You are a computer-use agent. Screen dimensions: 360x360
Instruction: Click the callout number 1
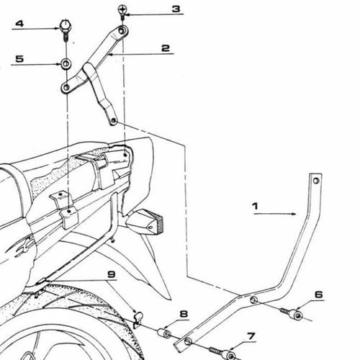pyautogui.click(x=255, y=206)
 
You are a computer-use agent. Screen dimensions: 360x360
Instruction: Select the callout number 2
pyautogui.click(x=166, y=48)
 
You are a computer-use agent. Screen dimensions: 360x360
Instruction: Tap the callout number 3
pyautogui.click(x=176, y=9)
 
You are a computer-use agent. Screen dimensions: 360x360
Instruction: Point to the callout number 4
pyautogui.click(x=19, y=24)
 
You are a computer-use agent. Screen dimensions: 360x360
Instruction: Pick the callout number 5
pyautogui.click(x=19, y=59)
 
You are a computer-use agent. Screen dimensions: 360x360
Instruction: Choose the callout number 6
pyautogui.click(x=319, y=294)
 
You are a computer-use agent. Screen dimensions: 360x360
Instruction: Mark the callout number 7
pyautogui.click(x=251, y=336)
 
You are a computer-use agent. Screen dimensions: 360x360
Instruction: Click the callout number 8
pyautogui.click(x=184, y=314)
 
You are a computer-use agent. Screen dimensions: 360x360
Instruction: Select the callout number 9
pyautogui.click(x=112, y=274)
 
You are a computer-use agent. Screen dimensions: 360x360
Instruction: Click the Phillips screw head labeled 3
pyautogui.click(x=122, y=10)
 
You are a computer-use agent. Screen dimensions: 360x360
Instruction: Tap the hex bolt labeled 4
pyautogui.click(x=64, y=30)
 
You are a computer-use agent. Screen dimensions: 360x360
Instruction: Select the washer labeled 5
pyautogui.click(x=66, y=64)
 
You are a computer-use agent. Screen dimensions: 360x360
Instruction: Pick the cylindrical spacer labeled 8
pyautogui.click(x=165, y=333)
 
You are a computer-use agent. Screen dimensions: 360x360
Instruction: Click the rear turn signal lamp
pyautogui.click(x=145, y=222)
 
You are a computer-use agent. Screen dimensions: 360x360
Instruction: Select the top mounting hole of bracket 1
pyautogui.click(x=316, y=181)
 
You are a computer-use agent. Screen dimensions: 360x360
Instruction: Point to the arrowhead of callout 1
pyautogui.click(x=294, y=214)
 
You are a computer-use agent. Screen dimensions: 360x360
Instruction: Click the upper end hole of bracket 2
pyautogui.click(x=122, y=31)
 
